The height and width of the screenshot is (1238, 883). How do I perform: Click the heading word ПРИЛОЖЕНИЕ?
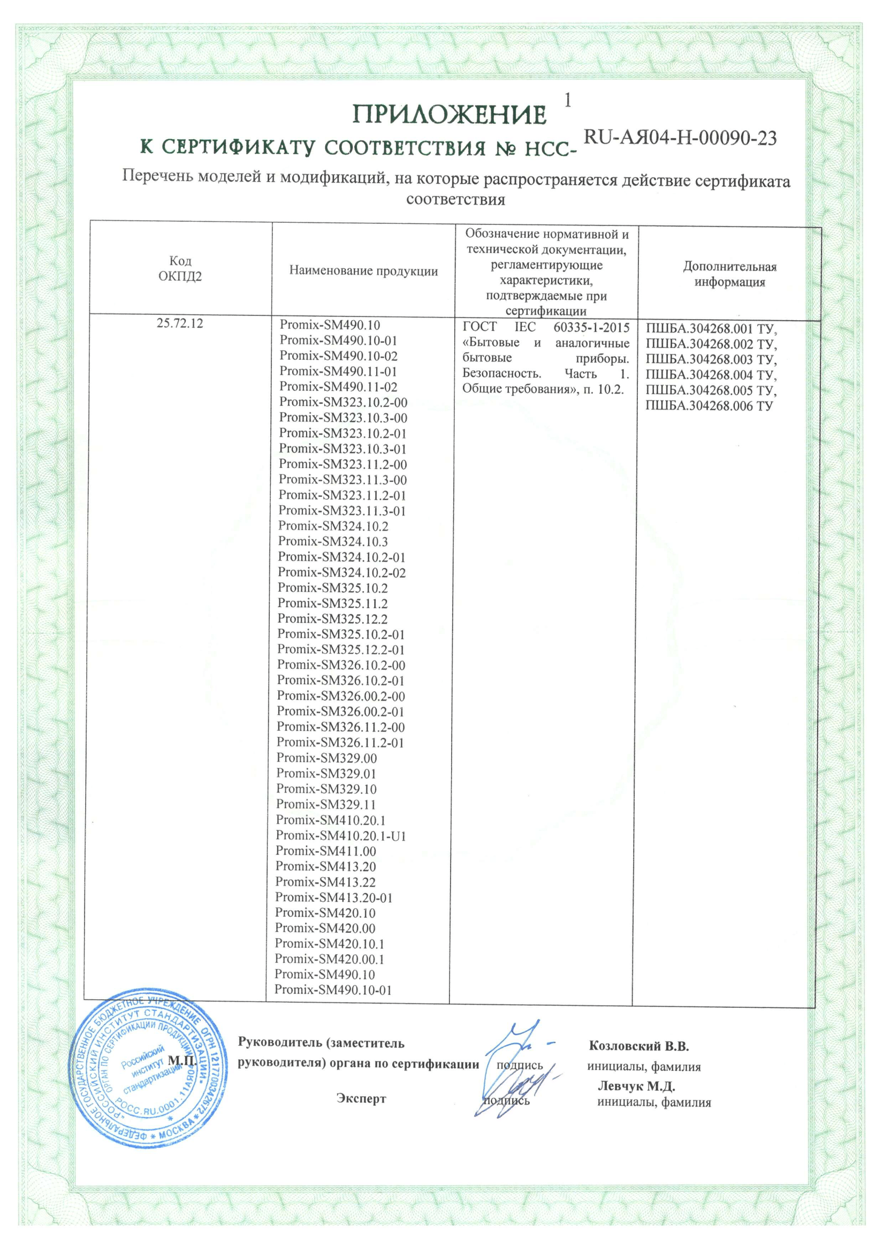click(450, 115)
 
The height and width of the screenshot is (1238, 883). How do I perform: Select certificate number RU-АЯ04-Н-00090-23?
click(680, 138)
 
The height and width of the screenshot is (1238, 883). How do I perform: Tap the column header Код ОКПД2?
click(180, 269)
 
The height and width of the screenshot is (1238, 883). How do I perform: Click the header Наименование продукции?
click(363, 271)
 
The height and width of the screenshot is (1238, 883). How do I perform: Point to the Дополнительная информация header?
click(729, 274)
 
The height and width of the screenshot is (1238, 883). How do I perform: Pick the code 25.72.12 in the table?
click(180, 323)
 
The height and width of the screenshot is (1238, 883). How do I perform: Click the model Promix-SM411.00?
click(326, 851)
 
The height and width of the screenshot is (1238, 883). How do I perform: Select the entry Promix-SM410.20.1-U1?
click(341, 835)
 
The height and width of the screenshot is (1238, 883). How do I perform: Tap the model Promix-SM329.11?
click(326, 804)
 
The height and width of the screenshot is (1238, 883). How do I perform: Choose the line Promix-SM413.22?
click(325, 882)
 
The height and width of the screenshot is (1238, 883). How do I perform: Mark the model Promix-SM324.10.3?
click(333, 541)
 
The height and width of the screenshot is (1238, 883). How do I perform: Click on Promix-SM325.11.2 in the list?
click(332, 603)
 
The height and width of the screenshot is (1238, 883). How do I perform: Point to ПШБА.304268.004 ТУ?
click(711, 375)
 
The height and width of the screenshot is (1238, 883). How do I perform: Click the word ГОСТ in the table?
click(479, 328)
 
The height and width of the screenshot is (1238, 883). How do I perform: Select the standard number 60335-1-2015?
click(591, 328)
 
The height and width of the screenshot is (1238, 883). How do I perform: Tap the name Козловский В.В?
click(640, 1046)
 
